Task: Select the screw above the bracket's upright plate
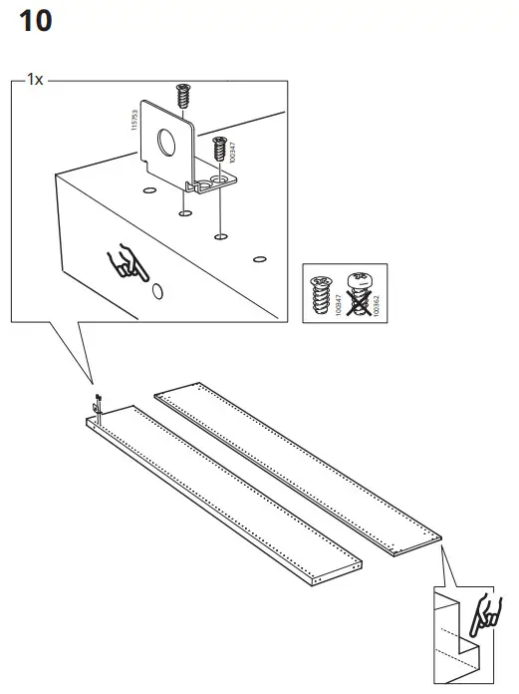182,98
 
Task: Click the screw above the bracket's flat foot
219,151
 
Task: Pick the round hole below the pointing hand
156,293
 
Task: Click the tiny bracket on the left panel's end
98,404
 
